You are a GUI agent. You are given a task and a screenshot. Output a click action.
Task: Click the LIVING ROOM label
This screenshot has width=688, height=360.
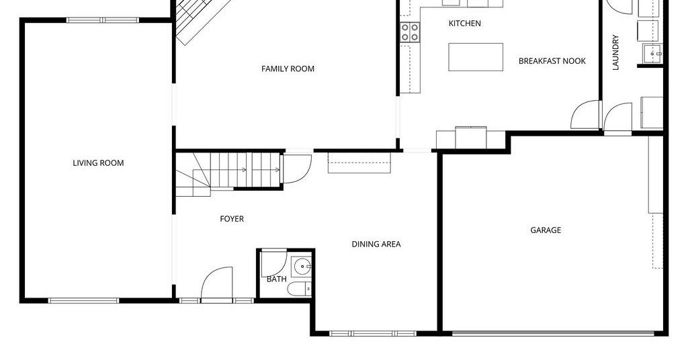tap(98, 163)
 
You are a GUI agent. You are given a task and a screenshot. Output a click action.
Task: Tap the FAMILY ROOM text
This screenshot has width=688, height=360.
tap(288, 69)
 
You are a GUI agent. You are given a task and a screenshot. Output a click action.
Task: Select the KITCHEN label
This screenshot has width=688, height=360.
tap(465, 24)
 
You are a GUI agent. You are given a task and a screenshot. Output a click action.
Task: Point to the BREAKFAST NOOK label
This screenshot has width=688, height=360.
tap(552, 61)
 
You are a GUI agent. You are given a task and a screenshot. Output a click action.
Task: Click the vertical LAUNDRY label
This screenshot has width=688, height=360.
tap(615, 52)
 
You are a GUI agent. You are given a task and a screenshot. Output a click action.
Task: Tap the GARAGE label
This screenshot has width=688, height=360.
tap(546, 230)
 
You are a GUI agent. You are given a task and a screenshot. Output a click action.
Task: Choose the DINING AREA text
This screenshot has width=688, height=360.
tap(376, 244)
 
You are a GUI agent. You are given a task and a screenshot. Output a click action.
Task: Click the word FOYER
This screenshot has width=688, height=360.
tap(232, 219)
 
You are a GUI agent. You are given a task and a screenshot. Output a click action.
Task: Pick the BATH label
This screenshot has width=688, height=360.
tap(276, 279)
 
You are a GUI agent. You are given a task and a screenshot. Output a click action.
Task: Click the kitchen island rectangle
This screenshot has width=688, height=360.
tap(476, 57)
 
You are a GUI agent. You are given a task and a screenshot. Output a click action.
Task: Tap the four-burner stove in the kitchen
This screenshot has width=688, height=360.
tap(410, 32)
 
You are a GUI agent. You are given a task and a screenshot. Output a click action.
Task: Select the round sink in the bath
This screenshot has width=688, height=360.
tap(303, 267)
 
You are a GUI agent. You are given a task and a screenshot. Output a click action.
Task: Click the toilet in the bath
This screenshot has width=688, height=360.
tap(299, 289)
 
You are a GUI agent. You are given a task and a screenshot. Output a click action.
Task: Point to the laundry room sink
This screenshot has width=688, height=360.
tap(653, 54)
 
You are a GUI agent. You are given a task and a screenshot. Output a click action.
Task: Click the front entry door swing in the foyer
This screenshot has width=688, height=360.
tap(217, 283)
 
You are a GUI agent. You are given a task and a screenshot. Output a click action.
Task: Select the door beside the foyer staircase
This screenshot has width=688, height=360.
tap(298, 169)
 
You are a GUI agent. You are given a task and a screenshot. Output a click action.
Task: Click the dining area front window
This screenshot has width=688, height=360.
tap(372, 334)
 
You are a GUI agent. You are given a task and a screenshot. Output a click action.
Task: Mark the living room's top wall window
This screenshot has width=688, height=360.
tap(103, 20)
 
